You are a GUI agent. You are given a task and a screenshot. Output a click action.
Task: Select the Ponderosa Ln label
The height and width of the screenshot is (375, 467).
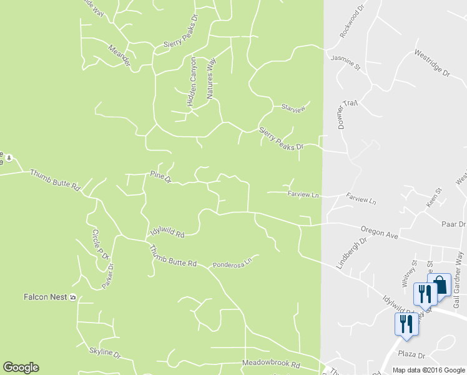click(233, 262)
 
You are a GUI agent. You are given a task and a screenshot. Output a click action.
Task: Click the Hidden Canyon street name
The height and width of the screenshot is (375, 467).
click(192, 82)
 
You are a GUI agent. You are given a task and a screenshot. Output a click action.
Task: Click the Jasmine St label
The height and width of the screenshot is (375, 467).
click(346, 62)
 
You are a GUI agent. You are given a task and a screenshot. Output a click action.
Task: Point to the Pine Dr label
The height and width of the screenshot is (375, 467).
click(160, 177)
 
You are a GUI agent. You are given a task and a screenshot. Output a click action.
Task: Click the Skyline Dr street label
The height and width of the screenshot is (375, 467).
click(104, 352)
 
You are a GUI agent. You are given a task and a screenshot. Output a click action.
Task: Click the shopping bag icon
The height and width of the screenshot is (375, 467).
click(440, 285)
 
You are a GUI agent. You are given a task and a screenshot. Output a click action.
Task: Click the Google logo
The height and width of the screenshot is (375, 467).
click(21, 367)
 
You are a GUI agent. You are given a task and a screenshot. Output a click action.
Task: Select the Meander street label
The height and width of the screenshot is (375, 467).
click(119, 57)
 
